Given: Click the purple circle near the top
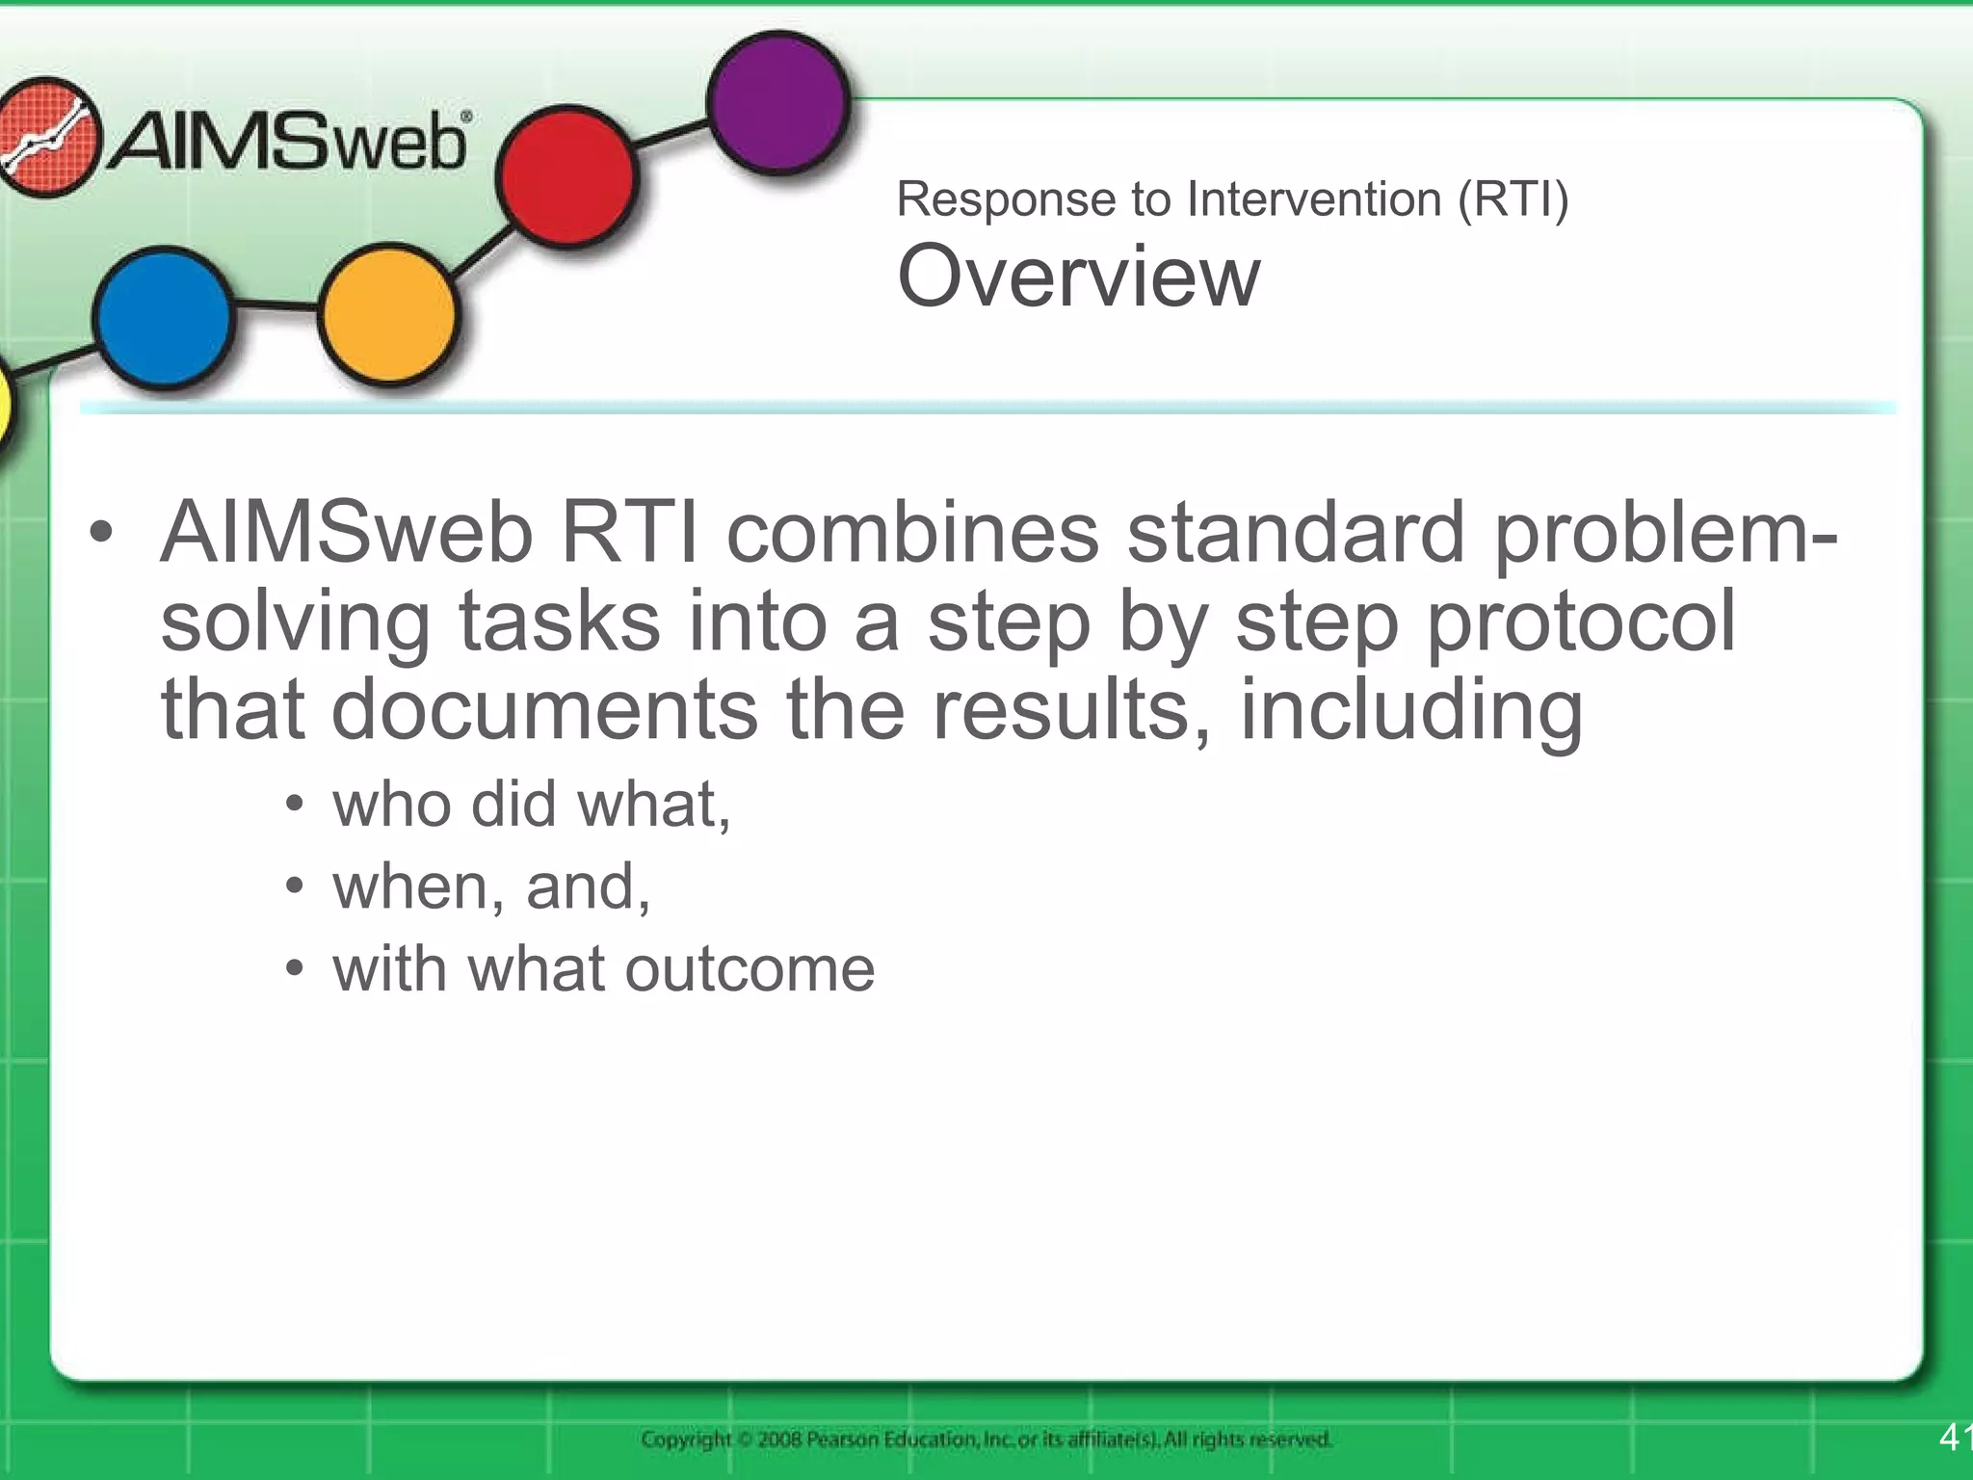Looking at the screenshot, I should (778, 102).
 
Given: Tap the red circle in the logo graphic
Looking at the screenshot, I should (566, 176).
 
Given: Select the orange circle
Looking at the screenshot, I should (387, 314).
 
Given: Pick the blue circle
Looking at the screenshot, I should (164, 317).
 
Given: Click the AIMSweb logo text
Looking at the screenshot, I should (289, 143).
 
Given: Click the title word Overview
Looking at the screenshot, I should (1078, 276).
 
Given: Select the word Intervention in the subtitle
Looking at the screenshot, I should (1315, 199).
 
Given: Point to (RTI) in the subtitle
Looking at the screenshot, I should (1513, 199).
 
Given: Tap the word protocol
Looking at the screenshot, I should (1581, 621).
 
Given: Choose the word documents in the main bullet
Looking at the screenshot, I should (544, 709).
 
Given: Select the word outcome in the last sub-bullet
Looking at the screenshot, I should (750, 968).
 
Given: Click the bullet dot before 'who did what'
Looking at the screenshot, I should (295, 804).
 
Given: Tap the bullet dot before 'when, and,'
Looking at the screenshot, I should (295, 885).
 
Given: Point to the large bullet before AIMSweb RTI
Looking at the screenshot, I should (100, 532).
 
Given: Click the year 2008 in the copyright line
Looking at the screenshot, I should (779, 1440).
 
